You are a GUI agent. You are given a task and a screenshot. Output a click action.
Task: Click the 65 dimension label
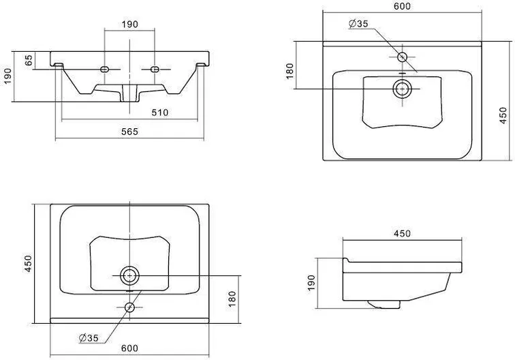pos(29,60)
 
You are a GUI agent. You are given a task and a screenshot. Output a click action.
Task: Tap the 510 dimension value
pos(159,112)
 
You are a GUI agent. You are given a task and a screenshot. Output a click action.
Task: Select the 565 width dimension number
pos(129,132)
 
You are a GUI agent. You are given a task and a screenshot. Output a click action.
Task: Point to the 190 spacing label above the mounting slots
pos(129,25)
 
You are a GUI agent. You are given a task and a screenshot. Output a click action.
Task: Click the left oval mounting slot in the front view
pos(104,70)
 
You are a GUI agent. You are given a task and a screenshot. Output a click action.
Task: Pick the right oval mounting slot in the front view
pos(155,70)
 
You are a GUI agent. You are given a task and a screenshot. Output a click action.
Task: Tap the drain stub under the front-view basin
pos(129,93)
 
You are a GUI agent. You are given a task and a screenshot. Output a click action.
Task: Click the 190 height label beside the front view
pos(7,76)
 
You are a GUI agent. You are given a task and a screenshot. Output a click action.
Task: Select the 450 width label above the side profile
pos(402,234)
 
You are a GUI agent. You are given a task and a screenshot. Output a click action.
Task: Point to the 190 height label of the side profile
pos(311,283)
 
